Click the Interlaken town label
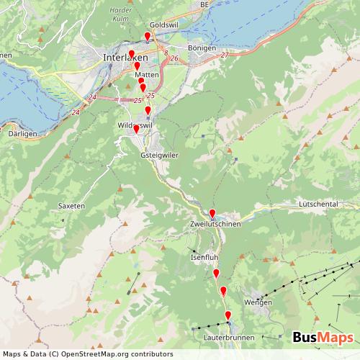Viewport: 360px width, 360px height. coord(125,58)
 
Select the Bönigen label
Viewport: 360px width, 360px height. coord(201,48)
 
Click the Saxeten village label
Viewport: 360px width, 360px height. coord(71,206)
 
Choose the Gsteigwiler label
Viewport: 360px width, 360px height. coord(159,155)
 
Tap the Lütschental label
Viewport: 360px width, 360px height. coord(318,204)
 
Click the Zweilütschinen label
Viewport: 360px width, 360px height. coord(215,225)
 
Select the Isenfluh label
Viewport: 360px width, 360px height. coord(204,257)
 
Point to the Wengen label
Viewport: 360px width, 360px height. coord(258,302)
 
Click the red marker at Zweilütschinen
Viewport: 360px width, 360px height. coord(212,213)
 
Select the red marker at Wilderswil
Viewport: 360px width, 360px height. coord(135,130)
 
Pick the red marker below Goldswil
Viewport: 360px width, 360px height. coord(148,37)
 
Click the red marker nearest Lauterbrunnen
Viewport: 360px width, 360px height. coord(228,316)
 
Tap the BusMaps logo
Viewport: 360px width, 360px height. coord(323,338)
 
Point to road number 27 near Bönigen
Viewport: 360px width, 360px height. coord(225,55)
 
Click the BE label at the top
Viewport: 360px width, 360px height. coord(204,4)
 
